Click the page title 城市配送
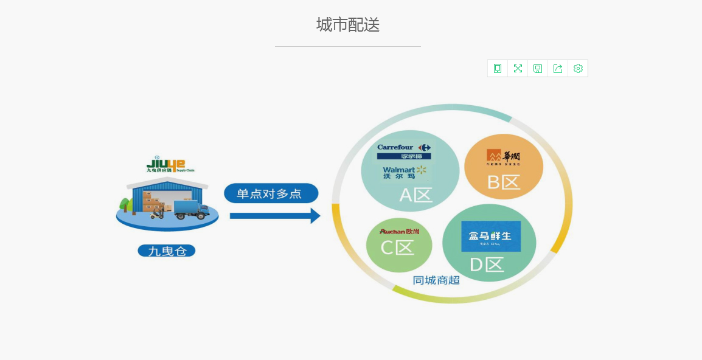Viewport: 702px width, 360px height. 348,25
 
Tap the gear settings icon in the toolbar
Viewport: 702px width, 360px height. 578,69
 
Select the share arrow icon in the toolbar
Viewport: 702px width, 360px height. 558,69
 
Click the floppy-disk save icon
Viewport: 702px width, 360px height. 538,69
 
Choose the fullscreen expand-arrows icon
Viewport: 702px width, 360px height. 518,69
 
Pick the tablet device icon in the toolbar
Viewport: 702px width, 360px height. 498,69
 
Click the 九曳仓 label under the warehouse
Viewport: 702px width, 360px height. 167,251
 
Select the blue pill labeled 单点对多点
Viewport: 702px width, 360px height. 271,193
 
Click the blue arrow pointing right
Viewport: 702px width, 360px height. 275,215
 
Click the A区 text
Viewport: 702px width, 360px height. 415,195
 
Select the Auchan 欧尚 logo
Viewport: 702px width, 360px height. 399,232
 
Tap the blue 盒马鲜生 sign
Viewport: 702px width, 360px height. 490,236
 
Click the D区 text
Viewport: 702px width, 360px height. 487,265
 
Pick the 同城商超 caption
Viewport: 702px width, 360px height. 436,280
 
